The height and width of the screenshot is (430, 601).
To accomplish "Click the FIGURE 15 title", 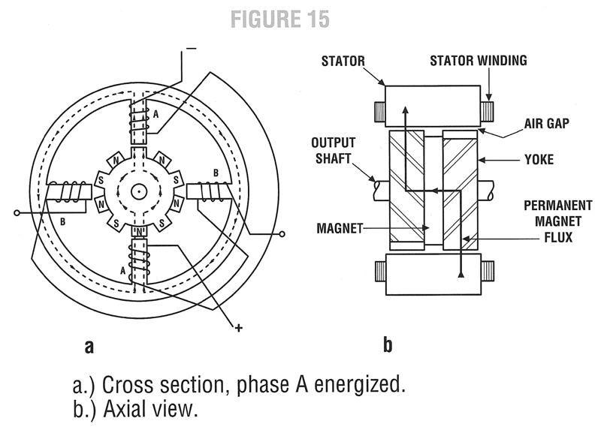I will pyautogui.click(x=279, y=20).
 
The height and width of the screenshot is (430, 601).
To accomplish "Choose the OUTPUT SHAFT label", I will pyautogui.click(x=336, y=150).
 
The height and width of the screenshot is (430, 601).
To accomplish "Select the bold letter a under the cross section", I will pyautogui.click(x=89, y=347).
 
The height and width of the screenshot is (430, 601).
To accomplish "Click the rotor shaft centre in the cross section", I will pyautogui.click(x=138, y=191).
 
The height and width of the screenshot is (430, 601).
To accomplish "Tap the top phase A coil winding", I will pyautogui.click(x=138, y=119).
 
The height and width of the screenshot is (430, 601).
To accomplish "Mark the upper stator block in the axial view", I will pyautogui.click(x=432, y=105).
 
